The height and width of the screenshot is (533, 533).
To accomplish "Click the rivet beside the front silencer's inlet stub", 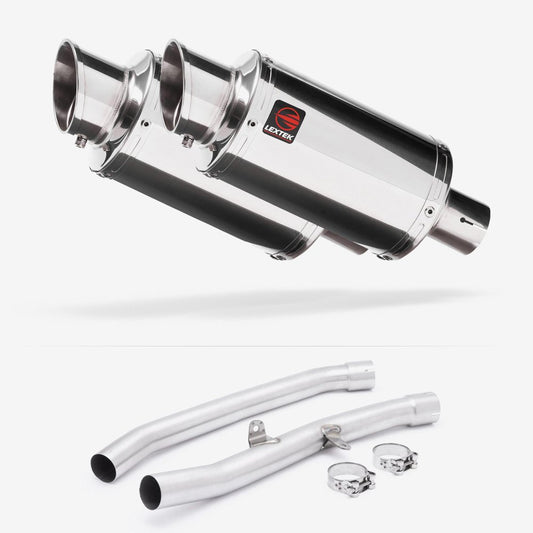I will point(428,210).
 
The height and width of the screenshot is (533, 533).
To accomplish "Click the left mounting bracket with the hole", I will point(261,434).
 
